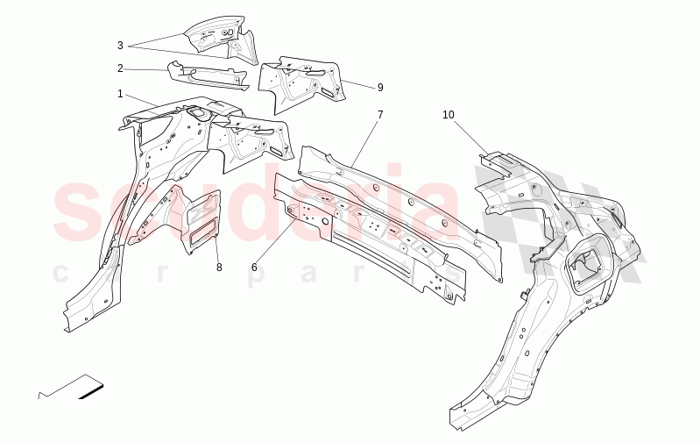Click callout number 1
pyautogui.click(x=120, y=93)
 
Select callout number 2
pyautogui.click(x=120, y=68)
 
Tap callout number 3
pyautogui.click(x=120, y=46)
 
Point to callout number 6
pyautogui.click(x=254, y=267)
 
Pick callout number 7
pyautogui.click(x=380, y=114)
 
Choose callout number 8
pyautogui.click(x=219, y=267)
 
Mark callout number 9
pyautogui.click(x=380, y=88)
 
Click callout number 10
pyautogui.click(x=449, y=115)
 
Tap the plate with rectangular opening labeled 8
pyautogui.click(x=201, y=219)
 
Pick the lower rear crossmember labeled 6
pyautogui.click(x=368, y=241)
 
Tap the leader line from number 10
pyautogui.click(x=472, y=137)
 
